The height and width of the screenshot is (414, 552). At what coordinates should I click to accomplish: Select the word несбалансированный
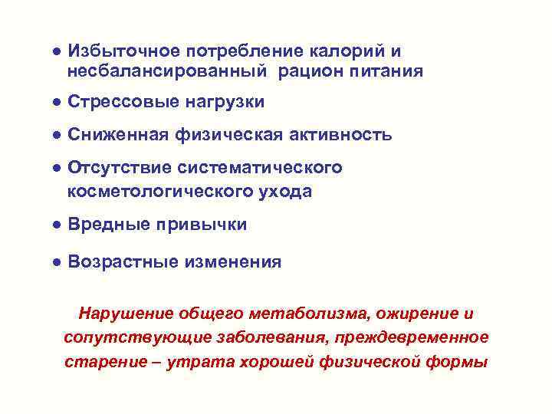[x=166, y=72]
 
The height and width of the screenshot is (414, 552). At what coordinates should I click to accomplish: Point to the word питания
[x=385, y=72]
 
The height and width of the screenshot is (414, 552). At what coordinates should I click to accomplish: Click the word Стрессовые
[x=119, y=102]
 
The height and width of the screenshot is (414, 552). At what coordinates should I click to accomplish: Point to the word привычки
[x=201, y=225]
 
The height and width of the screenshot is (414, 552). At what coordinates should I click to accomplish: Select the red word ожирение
[x=416, y=314]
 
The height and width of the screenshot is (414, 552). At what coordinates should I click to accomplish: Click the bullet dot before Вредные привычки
[x=57, y=225]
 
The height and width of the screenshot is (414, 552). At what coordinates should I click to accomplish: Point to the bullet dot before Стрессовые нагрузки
[x=57, y=102]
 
